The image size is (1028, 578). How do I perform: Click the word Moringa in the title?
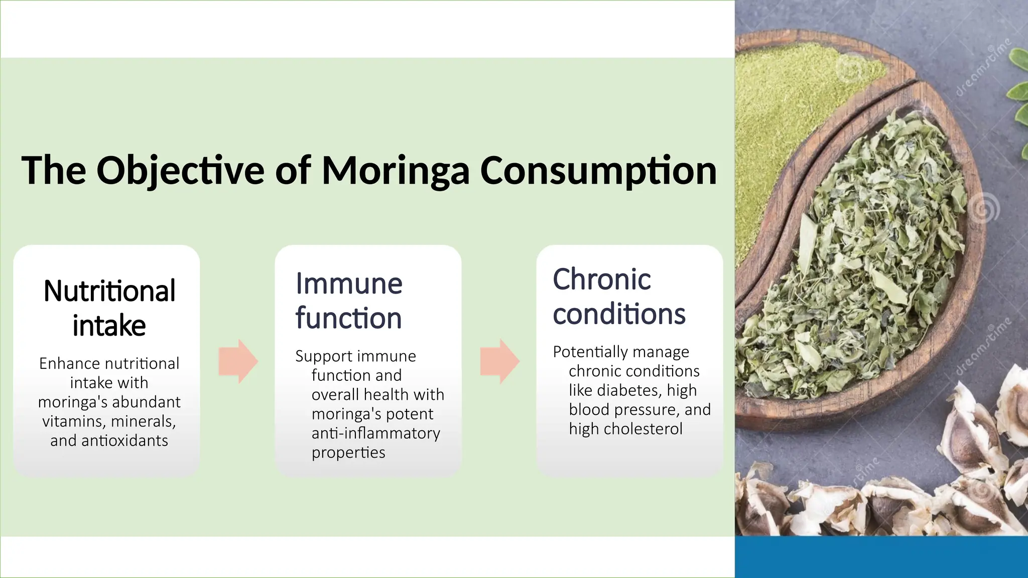click(395, 171)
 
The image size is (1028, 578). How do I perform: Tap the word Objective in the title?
click(180, 171)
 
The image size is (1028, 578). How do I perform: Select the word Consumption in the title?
click(598, 171)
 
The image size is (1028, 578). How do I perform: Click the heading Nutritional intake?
click(109, 308)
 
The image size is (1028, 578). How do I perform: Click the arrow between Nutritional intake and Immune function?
click(238, 361)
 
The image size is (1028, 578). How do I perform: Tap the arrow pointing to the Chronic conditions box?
click(499, 361)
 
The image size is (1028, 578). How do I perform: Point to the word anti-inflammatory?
click(375, 433)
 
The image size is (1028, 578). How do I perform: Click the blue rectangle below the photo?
click(881, 557)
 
